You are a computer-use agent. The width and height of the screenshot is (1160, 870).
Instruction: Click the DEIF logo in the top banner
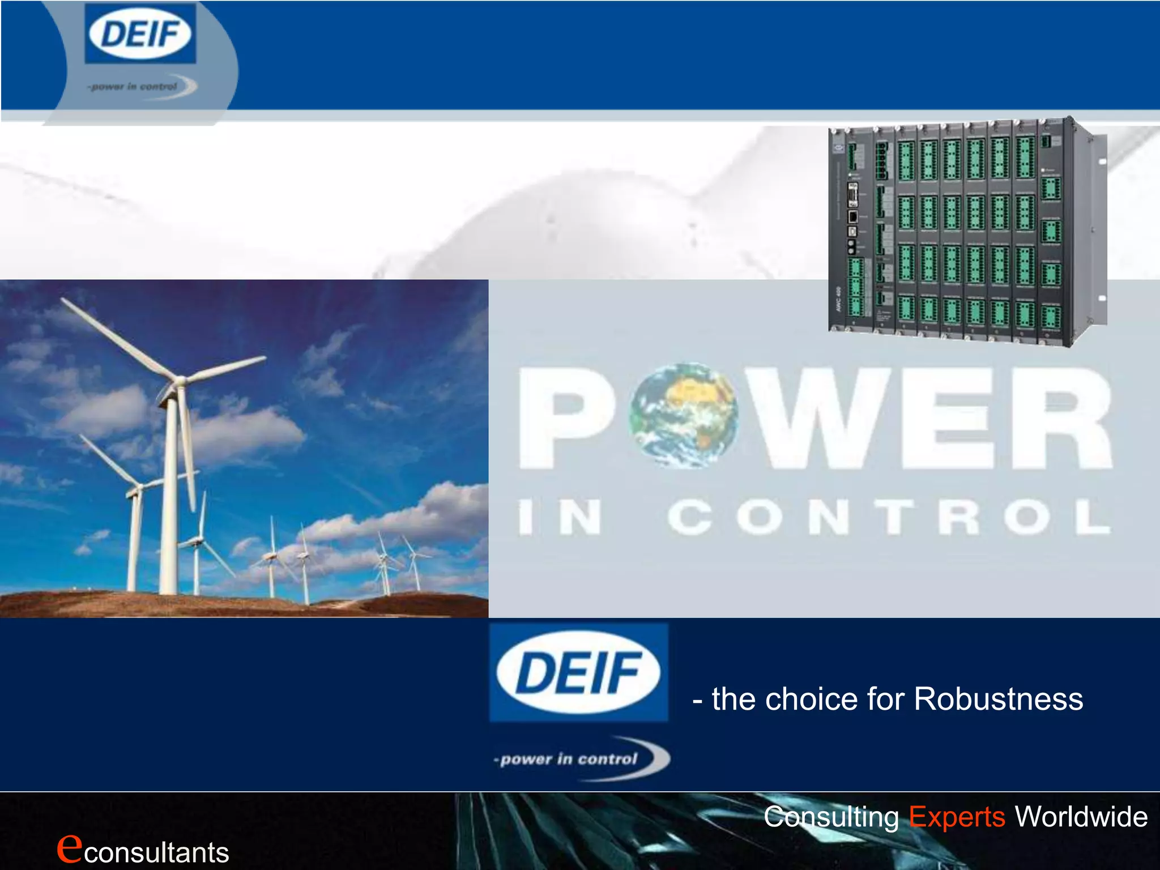[140, 34]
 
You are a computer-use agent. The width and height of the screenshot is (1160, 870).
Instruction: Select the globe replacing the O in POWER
[684, 415]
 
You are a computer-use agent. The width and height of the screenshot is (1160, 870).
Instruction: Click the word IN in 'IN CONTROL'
[560, 517]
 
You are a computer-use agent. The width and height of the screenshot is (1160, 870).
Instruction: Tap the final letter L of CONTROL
[1092, 517]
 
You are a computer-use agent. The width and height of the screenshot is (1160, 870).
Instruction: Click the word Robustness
[998, 699]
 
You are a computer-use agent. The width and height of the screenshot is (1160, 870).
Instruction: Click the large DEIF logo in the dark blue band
[578, 672]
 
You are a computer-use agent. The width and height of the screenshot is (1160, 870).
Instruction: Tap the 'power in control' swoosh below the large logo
[581, 759]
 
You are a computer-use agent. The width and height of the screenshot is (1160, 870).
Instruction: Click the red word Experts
[957, 817]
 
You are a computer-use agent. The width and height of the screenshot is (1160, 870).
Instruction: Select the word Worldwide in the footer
[1081, 817]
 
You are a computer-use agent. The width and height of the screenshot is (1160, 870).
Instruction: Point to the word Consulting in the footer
[831, 817]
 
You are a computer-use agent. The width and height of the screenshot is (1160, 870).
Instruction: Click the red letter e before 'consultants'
[69, 847]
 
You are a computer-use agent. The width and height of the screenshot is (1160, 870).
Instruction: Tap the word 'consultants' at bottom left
[157, 852]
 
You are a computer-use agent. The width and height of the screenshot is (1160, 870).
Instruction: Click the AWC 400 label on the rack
[838, 299]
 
